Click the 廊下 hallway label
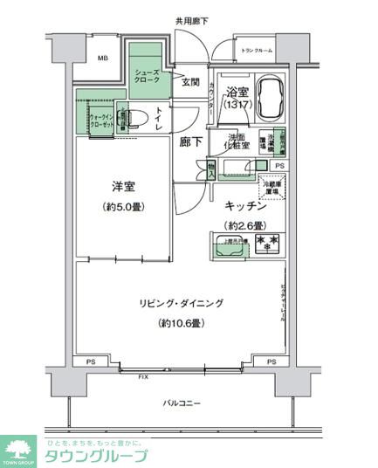(x=191, y=142)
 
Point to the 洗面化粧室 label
(x=237, y=141)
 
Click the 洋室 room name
(x=123, y=188)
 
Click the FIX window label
(x=141, y=376)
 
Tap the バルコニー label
(x=182, y=403)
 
